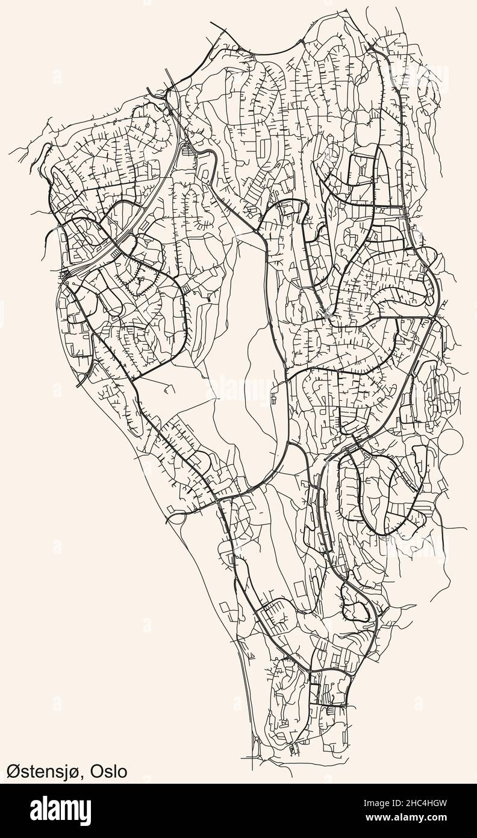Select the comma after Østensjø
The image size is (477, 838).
coord(86,777)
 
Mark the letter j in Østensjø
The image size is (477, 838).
coord(72,773)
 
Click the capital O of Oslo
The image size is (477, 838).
coord(98,772)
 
